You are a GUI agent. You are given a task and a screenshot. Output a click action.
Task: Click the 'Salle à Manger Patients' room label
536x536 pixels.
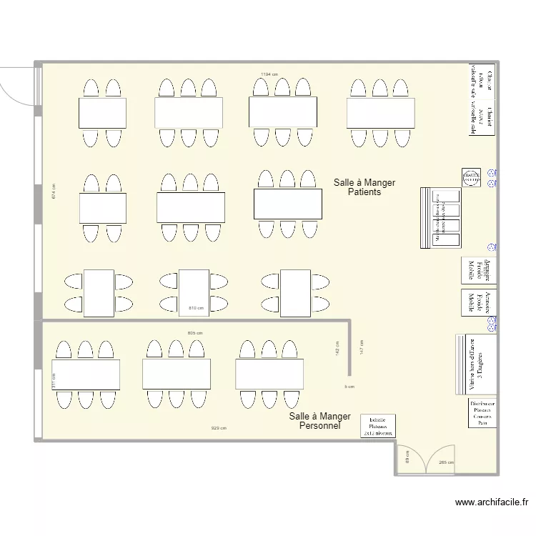(364, 188)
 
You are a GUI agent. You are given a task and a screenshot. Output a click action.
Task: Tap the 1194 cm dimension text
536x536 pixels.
(269, 74)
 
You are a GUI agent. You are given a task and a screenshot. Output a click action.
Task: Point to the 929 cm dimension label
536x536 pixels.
(219, 428)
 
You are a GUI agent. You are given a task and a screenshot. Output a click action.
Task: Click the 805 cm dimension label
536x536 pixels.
(194, 333)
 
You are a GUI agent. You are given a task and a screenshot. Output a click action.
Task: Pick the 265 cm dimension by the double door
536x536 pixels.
(446, 462)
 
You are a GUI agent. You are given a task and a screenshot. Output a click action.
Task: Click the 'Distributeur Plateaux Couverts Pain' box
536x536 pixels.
(482, 413)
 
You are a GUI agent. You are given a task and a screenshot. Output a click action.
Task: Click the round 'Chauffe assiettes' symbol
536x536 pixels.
(471, 177)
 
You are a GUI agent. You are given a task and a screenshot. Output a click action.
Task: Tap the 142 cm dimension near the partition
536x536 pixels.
(337, 348)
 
